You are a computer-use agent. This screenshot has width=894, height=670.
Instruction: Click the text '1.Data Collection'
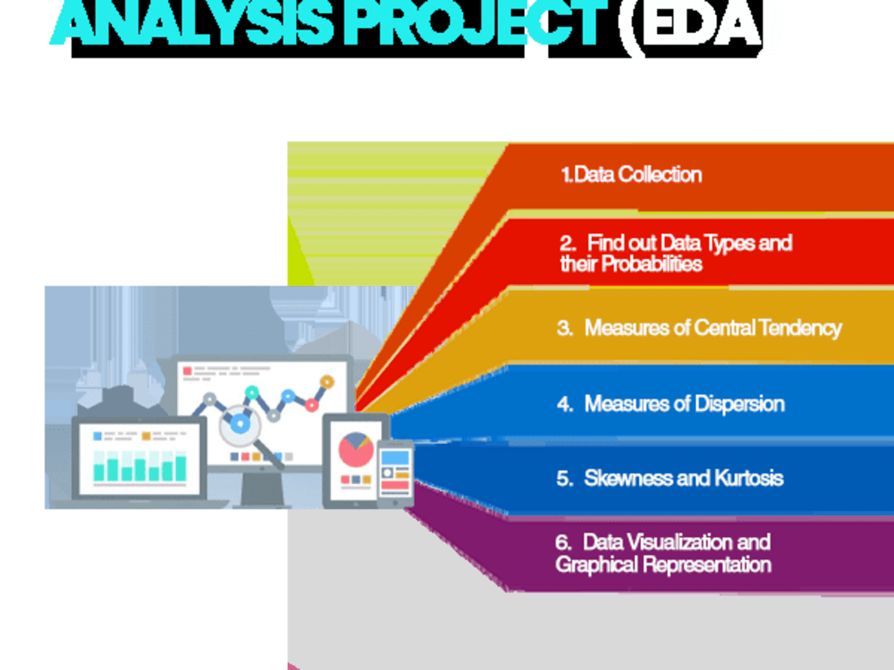631,174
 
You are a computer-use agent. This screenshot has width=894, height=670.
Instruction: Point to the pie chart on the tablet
356,449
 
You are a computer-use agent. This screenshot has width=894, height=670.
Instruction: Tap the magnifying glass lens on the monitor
240,423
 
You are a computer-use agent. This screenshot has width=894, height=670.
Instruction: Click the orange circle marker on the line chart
326,381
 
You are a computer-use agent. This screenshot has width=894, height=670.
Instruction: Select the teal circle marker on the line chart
251,392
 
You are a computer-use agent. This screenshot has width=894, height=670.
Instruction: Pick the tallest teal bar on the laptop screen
181,468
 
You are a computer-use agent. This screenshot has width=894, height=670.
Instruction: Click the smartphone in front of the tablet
394,473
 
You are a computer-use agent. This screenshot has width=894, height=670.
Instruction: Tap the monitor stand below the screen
262,489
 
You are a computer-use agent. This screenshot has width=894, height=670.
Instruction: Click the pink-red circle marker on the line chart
311,405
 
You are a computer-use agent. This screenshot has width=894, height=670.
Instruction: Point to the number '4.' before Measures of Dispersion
565,404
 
